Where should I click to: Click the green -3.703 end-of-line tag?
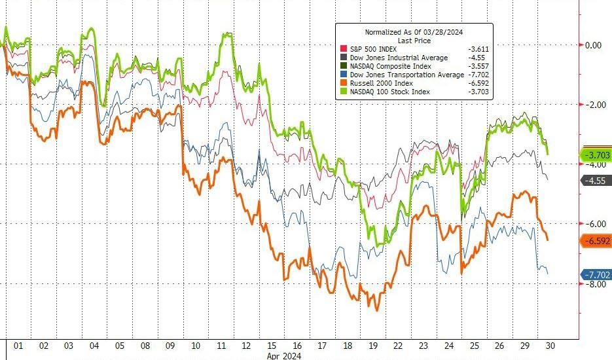point(596,154)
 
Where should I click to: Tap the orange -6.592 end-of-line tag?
point(596,241)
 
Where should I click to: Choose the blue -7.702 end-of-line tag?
point(596,275)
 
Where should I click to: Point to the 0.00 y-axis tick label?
point(593,45)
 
